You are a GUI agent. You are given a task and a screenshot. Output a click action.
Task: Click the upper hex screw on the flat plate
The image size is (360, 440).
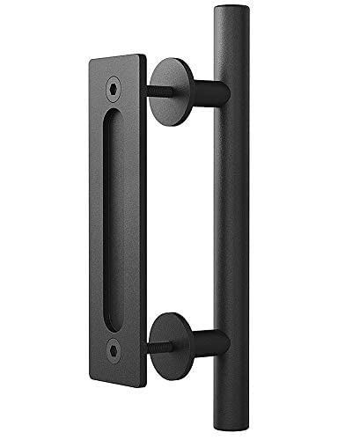tap(113, 86)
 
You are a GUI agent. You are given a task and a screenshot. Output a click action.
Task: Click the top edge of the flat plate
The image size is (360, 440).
tap(114, 59)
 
